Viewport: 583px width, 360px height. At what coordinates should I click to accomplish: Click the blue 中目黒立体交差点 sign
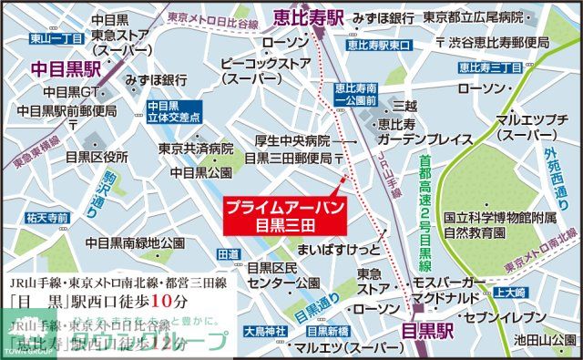(171, 112)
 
